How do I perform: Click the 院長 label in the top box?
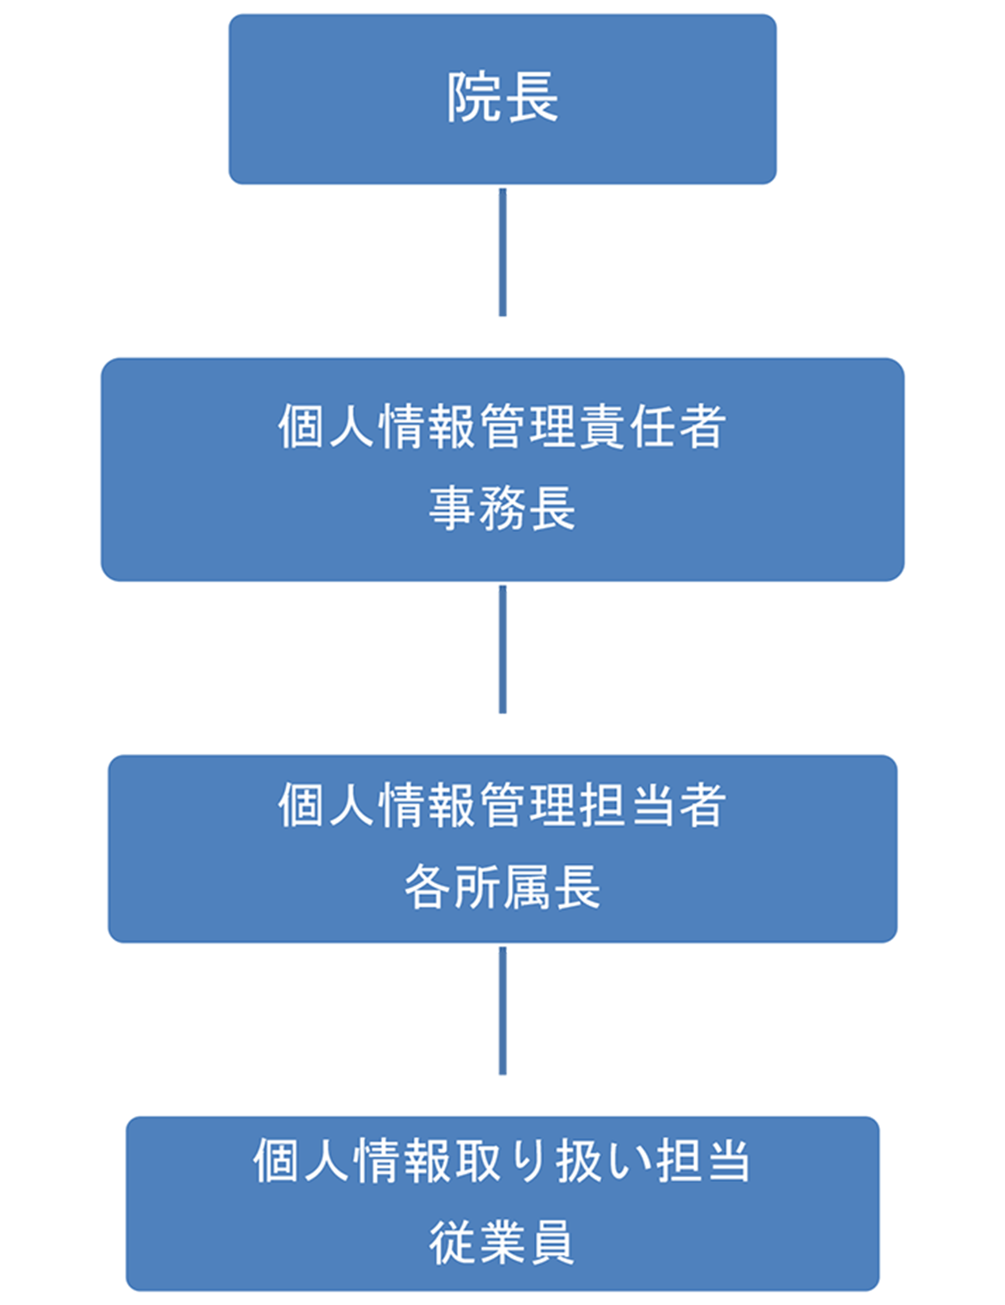click(x=502, y=98)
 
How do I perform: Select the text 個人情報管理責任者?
click(x=502, y=426)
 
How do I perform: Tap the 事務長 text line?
click(x=502, y=507)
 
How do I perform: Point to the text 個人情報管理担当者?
click(x=502, y=805)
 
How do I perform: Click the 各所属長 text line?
click(x=502, y=887)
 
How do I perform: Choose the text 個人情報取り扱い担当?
click(x=502, y=1161)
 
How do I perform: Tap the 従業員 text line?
click(x=502, y=1241)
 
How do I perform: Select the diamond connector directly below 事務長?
click(x=502, y=662)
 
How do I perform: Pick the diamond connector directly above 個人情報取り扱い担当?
click(x=502, y=1023)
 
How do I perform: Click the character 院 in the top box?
click(x=474, y=98)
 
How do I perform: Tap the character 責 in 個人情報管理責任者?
click(x=602, y=426)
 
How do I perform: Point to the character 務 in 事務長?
click(x=502, y=507)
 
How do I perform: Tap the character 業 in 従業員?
click(x=502, y=1241)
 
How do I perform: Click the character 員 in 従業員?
click(x=552, y=1241)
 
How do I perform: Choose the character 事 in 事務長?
click(x=453, y=507)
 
